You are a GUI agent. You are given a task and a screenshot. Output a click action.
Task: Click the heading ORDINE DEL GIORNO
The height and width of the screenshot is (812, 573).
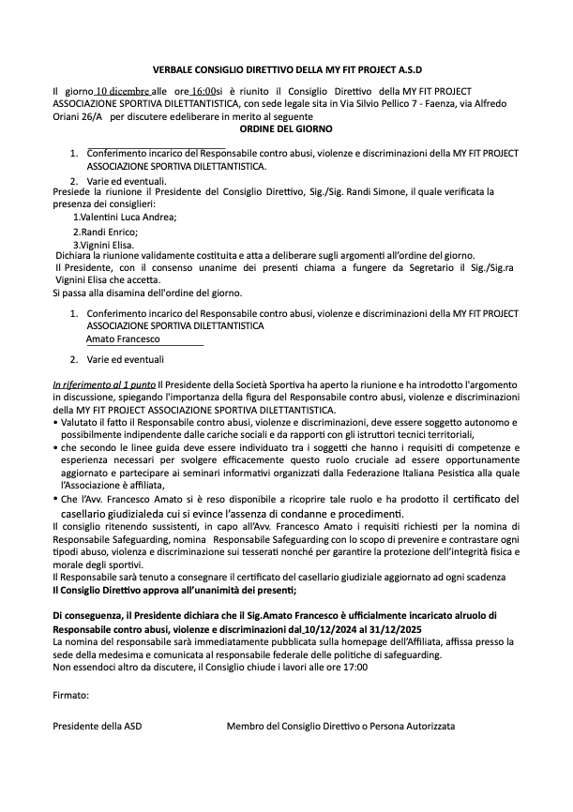(285, 128)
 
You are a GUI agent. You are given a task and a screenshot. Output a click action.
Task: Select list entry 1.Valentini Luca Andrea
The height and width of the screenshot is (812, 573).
(124, 217)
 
